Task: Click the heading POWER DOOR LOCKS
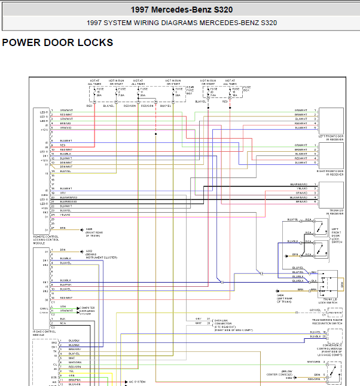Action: pyautogui.click(x=57, y=43)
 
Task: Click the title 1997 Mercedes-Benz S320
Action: pyautogui.click(x=181, y=10)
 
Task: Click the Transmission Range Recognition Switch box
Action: pyautogui.click(x=335, y=311)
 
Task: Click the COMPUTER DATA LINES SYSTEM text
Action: pyautogui.click(x=87, y=310)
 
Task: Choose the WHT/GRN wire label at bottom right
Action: pyautogui.click(x=314, y=362)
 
